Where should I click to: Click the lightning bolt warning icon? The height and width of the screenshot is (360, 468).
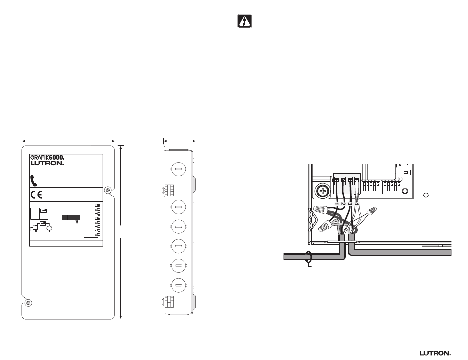[x=245, y=22]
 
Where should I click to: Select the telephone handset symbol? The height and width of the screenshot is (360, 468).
[x=34, y=179]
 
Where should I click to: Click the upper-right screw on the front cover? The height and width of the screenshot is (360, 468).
[x=108, y=190]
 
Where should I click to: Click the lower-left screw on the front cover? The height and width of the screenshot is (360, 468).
[x=29, y=302]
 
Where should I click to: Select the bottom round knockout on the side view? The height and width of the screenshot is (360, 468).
[x=178, y=284]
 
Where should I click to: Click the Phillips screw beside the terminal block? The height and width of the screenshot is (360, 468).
[x=322, y=190]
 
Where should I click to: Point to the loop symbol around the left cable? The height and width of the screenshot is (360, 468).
[x=309, y=257]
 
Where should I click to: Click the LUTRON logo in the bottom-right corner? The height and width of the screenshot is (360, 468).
[x=435, y=353]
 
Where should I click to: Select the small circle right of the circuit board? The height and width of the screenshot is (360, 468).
[x=427, y=195]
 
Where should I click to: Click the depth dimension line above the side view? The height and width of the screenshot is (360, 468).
[x=180, y=141]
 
